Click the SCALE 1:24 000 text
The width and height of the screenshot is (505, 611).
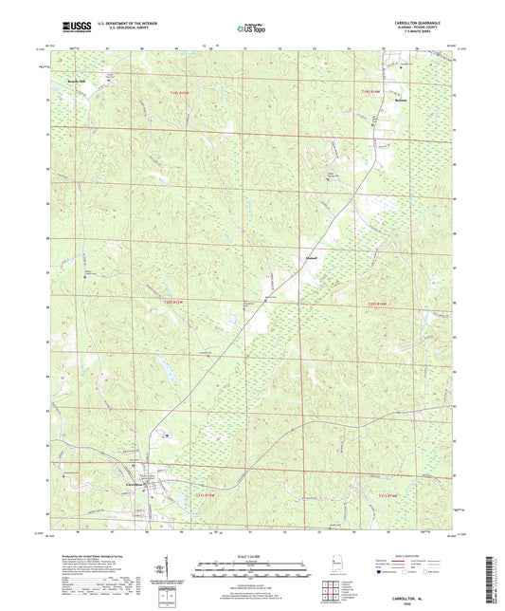251,556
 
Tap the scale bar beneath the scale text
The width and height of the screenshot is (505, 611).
251,570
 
